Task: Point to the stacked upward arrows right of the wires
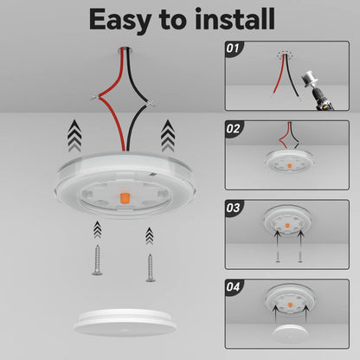[167, 137]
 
